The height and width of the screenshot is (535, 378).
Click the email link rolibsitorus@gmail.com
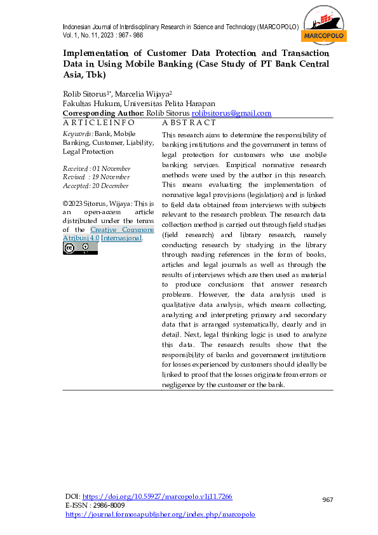236,113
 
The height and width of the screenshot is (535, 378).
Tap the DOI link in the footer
158,496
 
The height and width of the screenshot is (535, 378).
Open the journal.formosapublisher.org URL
160,514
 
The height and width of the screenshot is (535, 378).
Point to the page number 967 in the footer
327,500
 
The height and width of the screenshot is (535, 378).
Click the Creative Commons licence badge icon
80,248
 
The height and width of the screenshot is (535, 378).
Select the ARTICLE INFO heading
98,122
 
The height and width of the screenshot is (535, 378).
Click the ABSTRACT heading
189,122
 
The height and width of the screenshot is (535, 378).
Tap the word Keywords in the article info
78,134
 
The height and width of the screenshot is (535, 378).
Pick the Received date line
97,168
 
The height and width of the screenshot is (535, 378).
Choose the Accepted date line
96,186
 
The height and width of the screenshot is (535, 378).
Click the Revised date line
97,177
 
